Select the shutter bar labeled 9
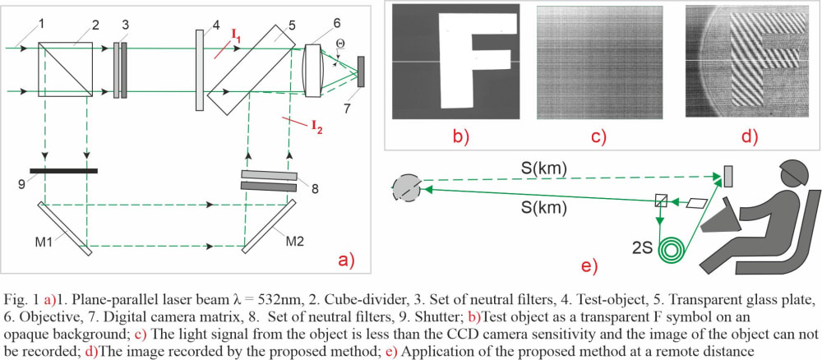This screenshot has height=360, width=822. tap(63, 171)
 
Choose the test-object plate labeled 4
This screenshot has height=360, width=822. tap(201, 70)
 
